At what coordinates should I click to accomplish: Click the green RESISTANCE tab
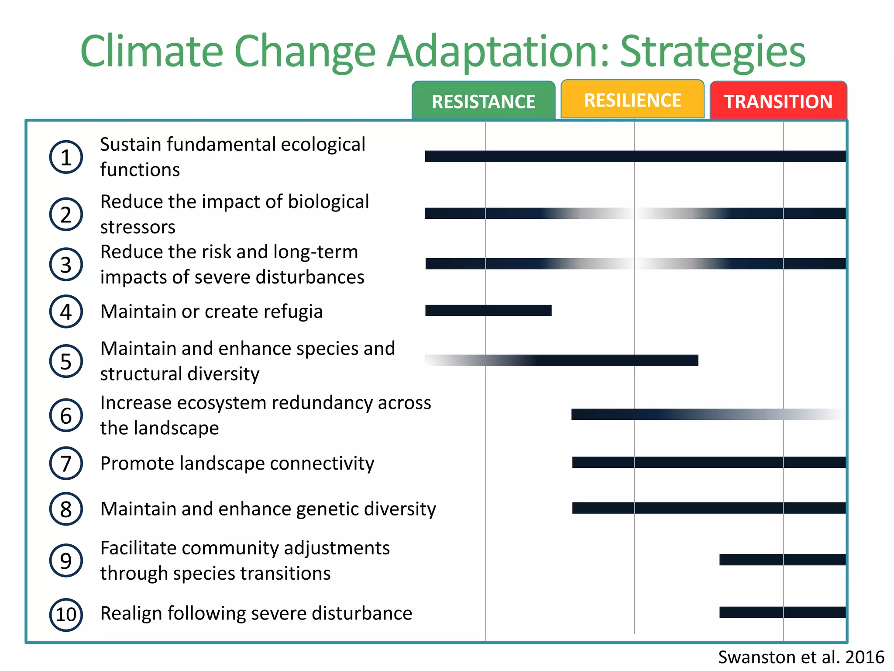(x=483, y=101)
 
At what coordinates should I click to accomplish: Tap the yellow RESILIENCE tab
(x=632, y=100)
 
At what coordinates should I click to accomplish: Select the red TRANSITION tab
(x=778, y=101)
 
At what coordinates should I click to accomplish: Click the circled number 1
(x=66, y=157)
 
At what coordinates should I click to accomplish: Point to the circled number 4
(x=66, y=311)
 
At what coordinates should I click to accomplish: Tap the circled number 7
(x=66, y=463)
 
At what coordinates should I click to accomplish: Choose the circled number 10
(x=66, y=614)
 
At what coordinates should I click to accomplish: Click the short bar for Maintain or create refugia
(x=488, y=311)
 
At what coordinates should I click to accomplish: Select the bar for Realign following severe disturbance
(x=782, y=612)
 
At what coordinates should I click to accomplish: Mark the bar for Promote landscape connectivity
(x=708, y=462)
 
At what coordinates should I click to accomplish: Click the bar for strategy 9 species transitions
(x=782, y=560)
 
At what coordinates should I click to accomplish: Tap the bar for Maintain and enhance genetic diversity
(x=708, y=508)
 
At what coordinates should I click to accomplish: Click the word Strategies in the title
(x=712, y=52)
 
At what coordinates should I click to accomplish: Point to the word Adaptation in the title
(x=498, y=52)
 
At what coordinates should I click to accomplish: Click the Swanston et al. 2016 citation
(x=801, y=657)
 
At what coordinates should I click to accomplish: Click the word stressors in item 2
(x=138, y=227)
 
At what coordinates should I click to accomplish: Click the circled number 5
(x=66, y=361)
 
